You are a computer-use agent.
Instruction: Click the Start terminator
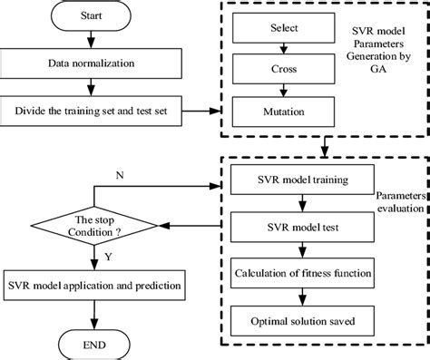(90, 16)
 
